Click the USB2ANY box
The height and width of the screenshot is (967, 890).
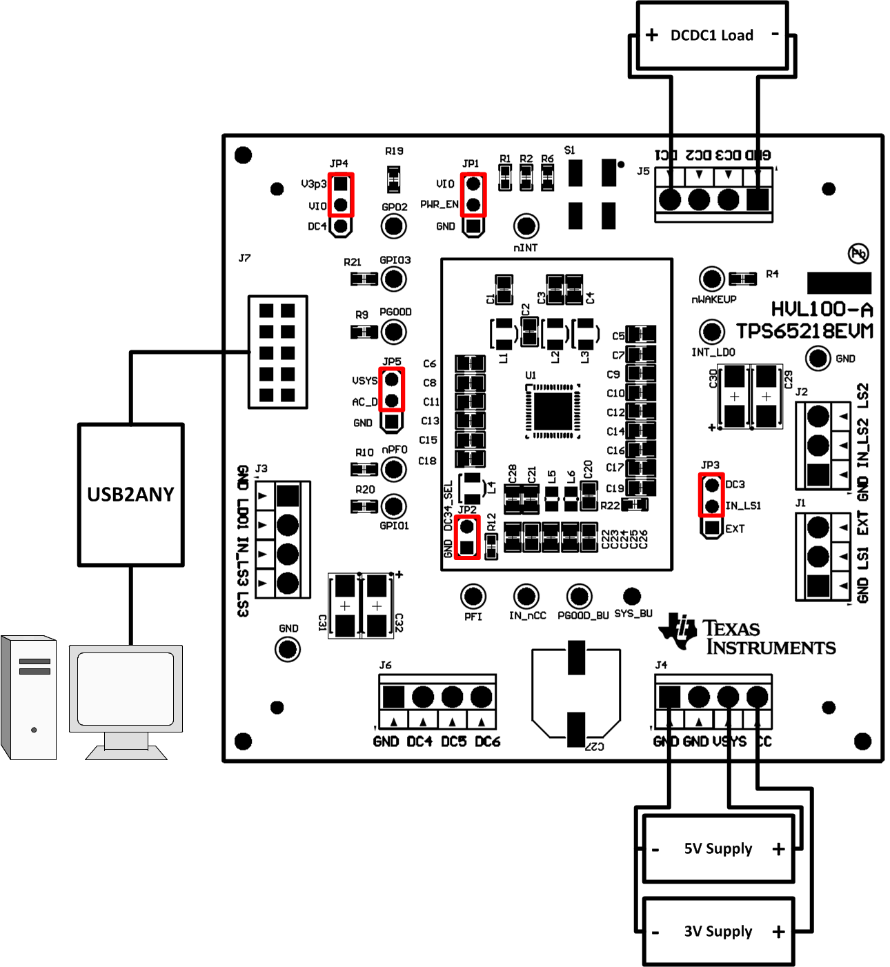pos(130,495)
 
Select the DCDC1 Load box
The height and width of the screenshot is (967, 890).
pos(712,36)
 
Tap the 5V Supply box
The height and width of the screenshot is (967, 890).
pos(718,849)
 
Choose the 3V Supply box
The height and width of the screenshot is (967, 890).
pos(718,932)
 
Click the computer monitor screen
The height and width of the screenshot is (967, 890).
pos(126,688)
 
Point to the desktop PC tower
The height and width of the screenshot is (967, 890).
pos(29,697)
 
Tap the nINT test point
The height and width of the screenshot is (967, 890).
pos(526,226)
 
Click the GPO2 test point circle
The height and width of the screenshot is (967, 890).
pos(394,226)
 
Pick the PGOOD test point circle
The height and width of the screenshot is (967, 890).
pos(394,332)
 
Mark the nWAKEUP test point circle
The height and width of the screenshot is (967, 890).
pos(711,279)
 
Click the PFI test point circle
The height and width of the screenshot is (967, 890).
pos(473,596)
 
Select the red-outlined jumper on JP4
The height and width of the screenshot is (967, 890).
pos(340,195)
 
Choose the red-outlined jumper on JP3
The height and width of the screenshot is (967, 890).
pos(711,495)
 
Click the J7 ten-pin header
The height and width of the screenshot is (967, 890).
pos(277,352)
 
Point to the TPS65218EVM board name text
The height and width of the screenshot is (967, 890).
pos(804,332)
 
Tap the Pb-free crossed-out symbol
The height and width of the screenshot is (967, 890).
pos(858,253)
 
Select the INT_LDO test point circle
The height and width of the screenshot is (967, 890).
pos(711,332)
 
